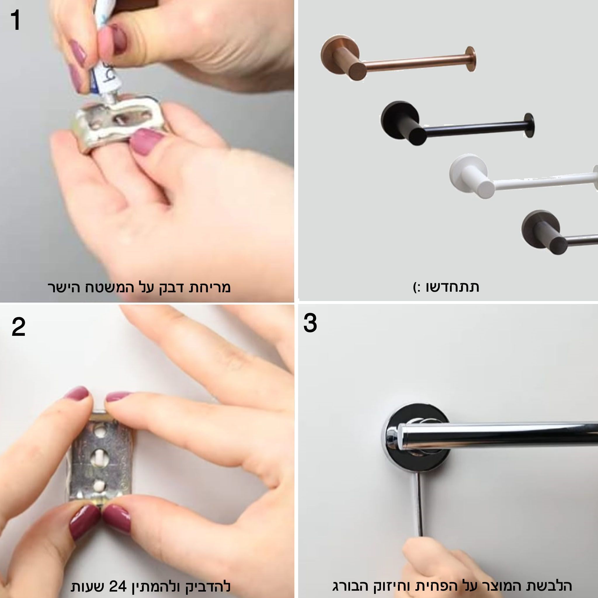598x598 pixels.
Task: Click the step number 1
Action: [x=15, y=20]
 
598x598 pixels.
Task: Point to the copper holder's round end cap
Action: [x=470, y=59]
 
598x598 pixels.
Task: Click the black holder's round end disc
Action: [x=529, y=125]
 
